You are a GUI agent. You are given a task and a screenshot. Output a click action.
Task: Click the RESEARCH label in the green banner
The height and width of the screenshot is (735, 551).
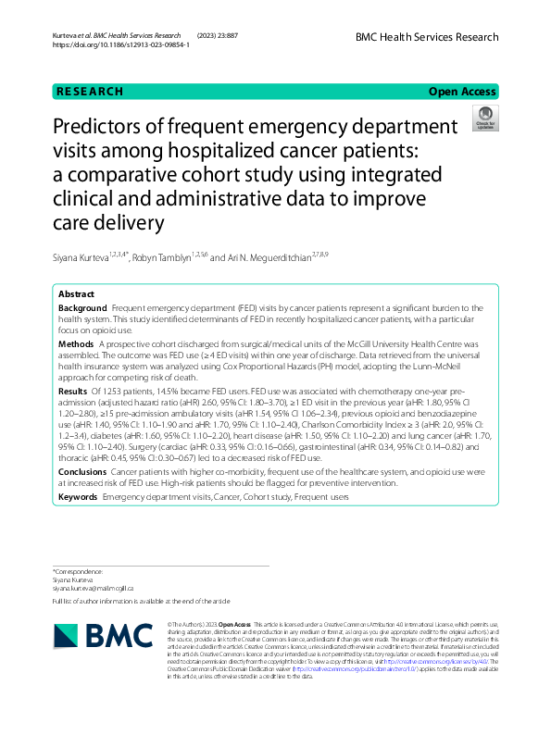click(89, 92)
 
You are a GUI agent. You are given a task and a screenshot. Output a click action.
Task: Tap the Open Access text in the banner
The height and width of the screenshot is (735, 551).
click(463, 92)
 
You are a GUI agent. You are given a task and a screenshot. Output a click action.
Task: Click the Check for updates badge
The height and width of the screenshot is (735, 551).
click(483, 118)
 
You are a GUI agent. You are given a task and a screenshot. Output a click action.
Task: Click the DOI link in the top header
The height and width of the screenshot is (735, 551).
click(121, 44)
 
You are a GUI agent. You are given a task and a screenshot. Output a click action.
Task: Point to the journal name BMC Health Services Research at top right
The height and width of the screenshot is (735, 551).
click(427, 37)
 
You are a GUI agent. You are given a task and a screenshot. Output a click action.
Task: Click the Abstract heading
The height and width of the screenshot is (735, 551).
click(77, 293)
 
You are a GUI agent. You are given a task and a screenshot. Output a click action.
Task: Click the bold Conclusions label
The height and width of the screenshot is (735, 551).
click(83, 471)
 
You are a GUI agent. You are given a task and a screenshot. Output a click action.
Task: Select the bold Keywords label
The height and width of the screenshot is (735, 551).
click(79, 498)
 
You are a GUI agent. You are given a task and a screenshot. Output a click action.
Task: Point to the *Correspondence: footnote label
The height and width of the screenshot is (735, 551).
click(80, 571)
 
